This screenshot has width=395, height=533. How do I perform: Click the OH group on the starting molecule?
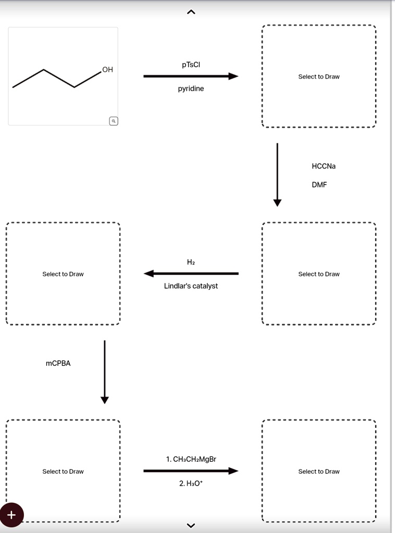(x=107, y=69)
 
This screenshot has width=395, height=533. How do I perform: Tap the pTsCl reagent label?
(x=191, y=65)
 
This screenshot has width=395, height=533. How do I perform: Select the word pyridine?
(x=191, y=88)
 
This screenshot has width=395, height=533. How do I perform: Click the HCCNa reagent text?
(x=324, y=166)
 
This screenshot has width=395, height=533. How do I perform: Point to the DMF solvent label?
(x=319, y=185)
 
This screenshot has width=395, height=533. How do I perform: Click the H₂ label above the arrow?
(x=191, y=262)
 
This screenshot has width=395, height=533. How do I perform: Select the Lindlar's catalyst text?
(x=191, y=286)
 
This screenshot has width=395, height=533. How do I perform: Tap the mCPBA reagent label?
(x=58, y=363)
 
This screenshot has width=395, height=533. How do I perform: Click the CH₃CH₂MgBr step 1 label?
(x=191, y=459)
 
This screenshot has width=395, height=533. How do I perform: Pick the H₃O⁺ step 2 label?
(x=191, y=483)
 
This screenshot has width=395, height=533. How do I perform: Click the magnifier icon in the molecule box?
(x=114, y=121)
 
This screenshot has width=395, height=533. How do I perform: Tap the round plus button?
(x=11, y=515)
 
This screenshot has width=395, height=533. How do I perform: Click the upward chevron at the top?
(x=191, y=12)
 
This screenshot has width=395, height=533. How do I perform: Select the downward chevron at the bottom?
(x=191, y=526)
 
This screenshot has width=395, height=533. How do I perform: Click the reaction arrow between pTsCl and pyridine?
(x=191, y=76)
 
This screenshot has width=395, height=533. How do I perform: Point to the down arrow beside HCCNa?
(x=277, y=175)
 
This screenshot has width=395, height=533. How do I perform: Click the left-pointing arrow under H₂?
(x=191, y=273)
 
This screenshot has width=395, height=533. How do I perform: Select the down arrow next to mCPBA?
(x=104, y=372)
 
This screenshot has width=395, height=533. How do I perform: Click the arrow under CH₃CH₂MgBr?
(x=191, y=471)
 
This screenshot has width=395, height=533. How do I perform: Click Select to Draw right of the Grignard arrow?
(x=319, y=472)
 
